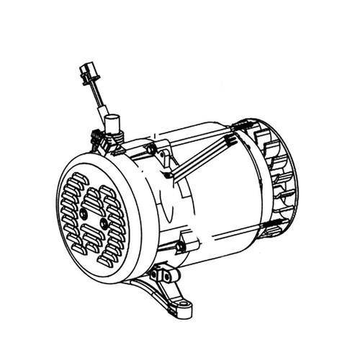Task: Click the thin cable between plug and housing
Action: [x=96, y=101]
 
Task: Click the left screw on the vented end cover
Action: [x=84, y=214]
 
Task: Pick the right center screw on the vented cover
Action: [x=105, y=224]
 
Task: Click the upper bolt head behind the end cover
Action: [x=150, y=149]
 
